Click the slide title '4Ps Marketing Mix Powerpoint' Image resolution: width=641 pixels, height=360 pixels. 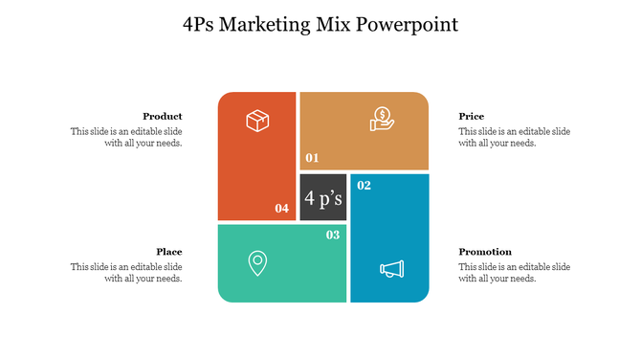[x=320, y=24]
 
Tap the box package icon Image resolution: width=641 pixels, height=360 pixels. [x=257, y=121]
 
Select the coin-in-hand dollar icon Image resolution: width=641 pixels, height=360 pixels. [x=382, y=119]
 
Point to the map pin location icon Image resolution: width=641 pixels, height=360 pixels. [x=256, y=262]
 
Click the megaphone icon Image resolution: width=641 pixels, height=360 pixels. [x=391, y=270]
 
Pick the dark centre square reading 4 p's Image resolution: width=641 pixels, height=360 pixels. [x=323, y=198]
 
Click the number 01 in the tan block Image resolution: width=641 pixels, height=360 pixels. [x=312, y=158]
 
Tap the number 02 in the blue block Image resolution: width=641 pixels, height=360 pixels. [x=364, y=186]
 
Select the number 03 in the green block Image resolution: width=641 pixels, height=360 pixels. [x=333, y=235]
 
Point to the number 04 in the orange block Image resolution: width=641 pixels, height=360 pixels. [x=281, y=208]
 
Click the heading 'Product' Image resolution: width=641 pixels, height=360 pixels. [x=163, y=116]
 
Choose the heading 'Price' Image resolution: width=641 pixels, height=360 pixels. [x=471, y=116]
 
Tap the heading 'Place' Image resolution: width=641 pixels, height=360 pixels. [x=169, y=252]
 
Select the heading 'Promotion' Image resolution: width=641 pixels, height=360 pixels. [x=485, y=252]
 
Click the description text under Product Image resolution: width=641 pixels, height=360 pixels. [x=126, y=137]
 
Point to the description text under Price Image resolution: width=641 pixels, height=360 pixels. [x=514, y=137]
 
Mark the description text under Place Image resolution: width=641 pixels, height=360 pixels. [x=126, y=273]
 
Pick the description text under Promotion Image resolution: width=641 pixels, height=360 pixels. [x=514, y=273]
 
